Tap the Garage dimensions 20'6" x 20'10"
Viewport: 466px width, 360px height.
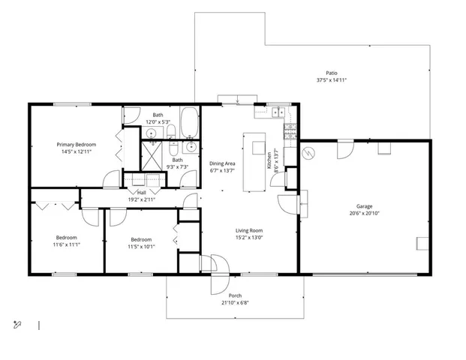click(364, 213)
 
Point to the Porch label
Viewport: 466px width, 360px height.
click(235, 295)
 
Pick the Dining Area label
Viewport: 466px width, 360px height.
click(223, 163)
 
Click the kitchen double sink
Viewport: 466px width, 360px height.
click(278, 113)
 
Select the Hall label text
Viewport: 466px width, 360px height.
click(142, 192)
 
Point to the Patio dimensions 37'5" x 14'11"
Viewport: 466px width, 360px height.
click(331, 79)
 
